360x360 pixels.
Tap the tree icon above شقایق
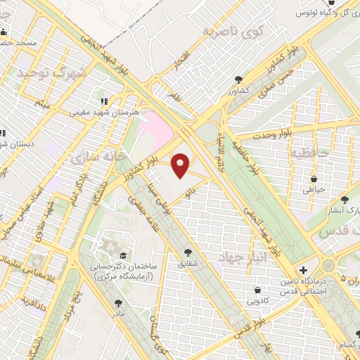(x=188, y=252)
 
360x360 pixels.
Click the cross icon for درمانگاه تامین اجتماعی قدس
(x=303, y=270)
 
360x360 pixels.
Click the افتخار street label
(x=182, y=69)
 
